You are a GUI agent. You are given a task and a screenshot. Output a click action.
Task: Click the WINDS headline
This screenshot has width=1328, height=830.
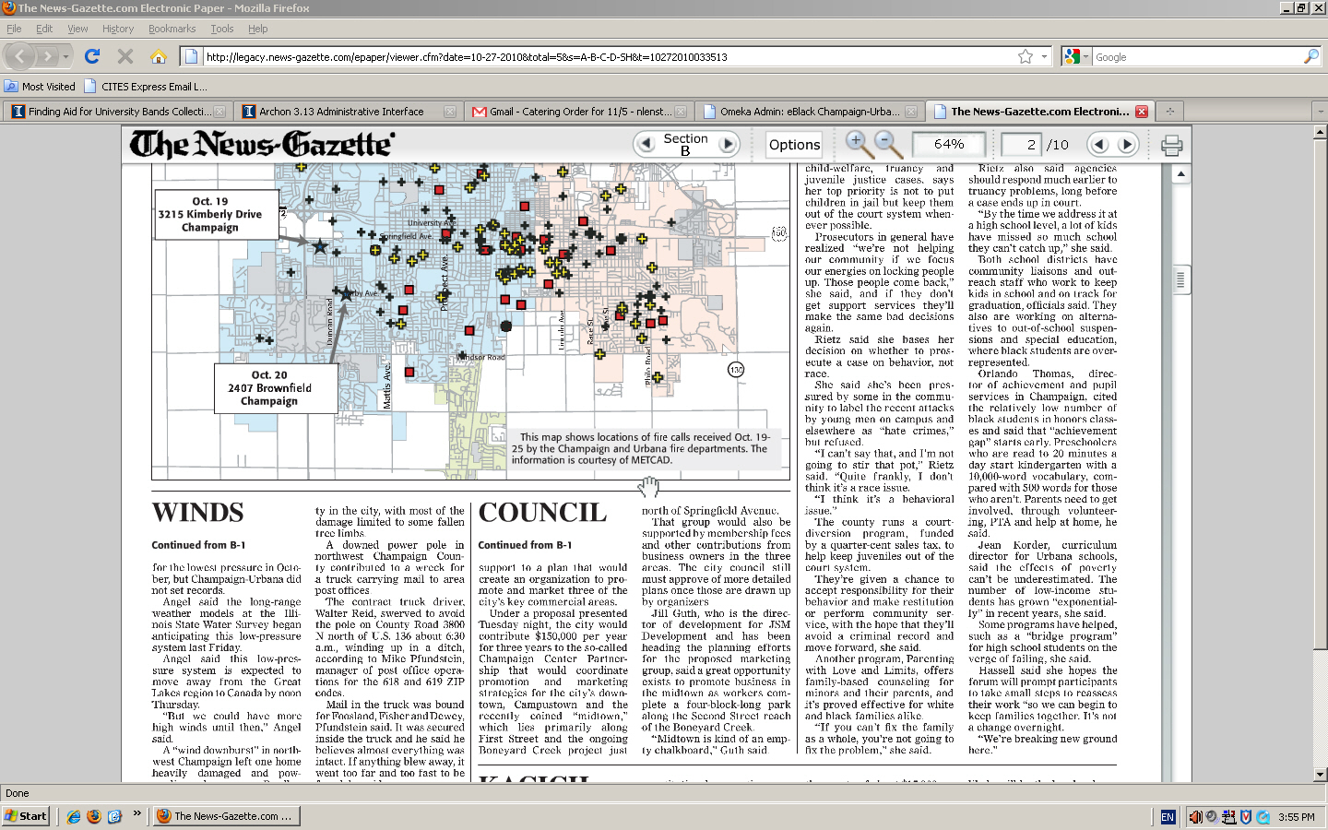point(197,513)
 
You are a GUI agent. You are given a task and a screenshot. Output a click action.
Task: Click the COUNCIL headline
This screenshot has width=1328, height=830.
point(542,513)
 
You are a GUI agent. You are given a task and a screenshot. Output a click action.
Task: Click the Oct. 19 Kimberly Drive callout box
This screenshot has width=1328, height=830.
point(217,214)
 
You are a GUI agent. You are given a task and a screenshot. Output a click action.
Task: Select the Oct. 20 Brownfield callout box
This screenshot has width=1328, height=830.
point(269,388)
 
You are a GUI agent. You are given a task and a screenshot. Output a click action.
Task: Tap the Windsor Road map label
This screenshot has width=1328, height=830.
point(481,358)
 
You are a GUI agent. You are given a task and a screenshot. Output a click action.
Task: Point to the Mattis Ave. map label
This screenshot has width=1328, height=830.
point(387,385)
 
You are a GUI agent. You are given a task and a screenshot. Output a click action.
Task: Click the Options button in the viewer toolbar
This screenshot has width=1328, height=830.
point(794,145)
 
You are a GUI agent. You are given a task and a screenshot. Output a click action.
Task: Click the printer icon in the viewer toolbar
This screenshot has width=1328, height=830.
point(1171,145)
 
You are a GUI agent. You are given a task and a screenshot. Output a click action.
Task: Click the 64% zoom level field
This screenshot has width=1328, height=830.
point(948,145)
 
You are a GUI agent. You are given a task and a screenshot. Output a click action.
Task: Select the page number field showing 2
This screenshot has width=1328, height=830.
point(1022,145)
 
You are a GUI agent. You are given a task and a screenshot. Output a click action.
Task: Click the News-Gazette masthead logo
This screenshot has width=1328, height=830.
point(262,145)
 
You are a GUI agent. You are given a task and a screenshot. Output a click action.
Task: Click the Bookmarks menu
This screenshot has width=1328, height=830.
point(172,29)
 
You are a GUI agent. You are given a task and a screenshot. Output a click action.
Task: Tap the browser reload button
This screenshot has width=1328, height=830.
point(92,57)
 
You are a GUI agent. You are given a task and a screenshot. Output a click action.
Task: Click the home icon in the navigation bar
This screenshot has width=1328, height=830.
point(159,57)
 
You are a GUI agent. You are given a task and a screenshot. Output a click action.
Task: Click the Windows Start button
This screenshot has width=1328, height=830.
point(26,816)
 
